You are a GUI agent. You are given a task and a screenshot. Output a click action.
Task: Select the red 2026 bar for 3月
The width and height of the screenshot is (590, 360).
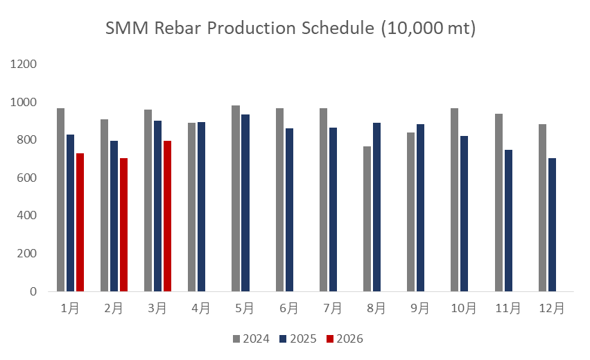(x=167, y=216)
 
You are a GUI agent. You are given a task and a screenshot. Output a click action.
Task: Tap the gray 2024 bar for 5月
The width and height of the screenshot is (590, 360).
(x=236, y=198)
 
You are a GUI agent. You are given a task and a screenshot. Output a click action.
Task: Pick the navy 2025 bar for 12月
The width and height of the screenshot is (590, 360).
(x=552, y=225)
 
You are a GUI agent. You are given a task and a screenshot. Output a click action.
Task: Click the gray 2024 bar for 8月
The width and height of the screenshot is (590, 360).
(x=367, y=218)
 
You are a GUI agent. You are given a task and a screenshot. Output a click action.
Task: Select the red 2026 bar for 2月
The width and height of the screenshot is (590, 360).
(x=123, y=225)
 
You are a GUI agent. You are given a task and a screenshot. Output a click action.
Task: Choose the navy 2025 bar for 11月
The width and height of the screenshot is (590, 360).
(x=508, y=221)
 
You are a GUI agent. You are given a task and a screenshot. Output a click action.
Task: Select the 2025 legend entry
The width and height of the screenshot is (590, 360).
(x=298, y=339)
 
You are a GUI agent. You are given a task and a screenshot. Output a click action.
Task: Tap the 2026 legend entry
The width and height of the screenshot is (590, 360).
(x=345, y=339)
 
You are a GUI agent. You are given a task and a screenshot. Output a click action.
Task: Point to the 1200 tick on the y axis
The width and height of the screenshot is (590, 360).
(x=23, y=65)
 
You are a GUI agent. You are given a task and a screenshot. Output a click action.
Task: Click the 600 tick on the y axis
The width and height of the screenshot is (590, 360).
(x=26, y=178)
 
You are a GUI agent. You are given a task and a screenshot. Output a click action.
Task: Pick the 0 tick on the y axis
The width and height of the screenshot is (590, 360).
(x=33, y=292)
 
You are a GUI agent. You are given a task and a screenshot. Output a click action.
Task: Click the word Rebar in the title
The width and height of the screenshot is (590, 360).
(x=177, y=29)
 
